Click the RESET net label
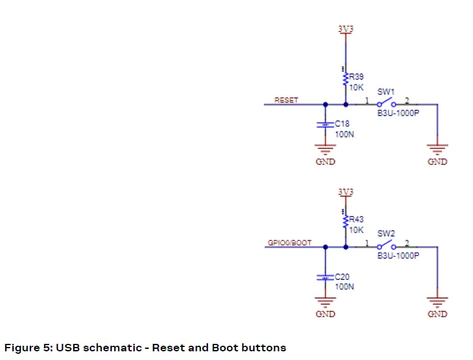coord(286,100)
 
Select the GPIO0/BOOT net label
coord(290,243)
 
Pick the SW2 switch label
coord(385,233)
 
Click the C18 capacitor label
coord(342,124)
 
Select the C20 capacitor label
coord(342,277)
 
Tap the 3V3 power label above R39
coord(346,29)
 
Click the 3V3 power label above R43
coord(346,192)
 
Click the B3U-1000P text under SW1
coord(398,113)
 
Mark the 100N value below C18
coord(344,133)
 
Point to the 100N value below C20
coord(344,287)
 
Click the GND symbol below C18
coord(325,149)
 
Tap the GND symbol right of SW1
coord(438,149)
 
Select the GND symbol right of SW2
coord(438,302)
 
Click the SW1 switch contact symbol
coord(387,103)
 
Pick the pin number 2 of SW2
coord(407,243)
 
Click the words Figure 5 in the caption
coord(27,348)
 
